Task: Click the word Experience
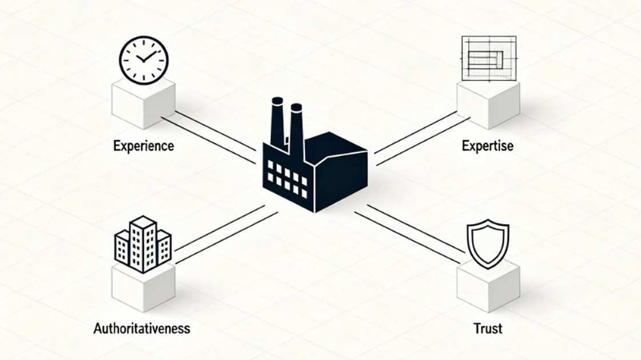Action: [x=144, y=146]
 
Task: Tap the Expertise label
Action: [x=487, y=146]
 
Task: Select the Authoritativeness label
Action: [x=142, y=328]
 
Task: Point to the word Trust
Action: [x=488, y=328]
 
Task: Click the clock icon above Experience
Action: [x=144, y=61]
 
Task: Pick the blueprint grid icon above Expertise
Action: [x=489, y=58]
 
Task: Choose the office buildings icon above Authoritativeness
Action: [x=143, y=244]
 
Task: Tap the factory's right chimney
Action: [x=297, y=131]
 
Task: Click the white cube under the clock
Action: [x=144, y=103]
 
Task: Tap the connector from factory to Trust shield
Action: [x=409, y=233]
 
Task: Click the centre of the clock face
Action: [x=144, y=61]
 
